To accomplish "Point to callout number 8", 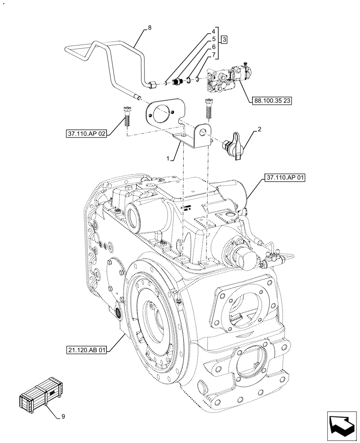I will pos(149,27).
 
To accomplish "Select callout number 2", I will pos(258,130).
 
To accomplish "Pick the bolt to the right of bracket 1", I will pos(209,108).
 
